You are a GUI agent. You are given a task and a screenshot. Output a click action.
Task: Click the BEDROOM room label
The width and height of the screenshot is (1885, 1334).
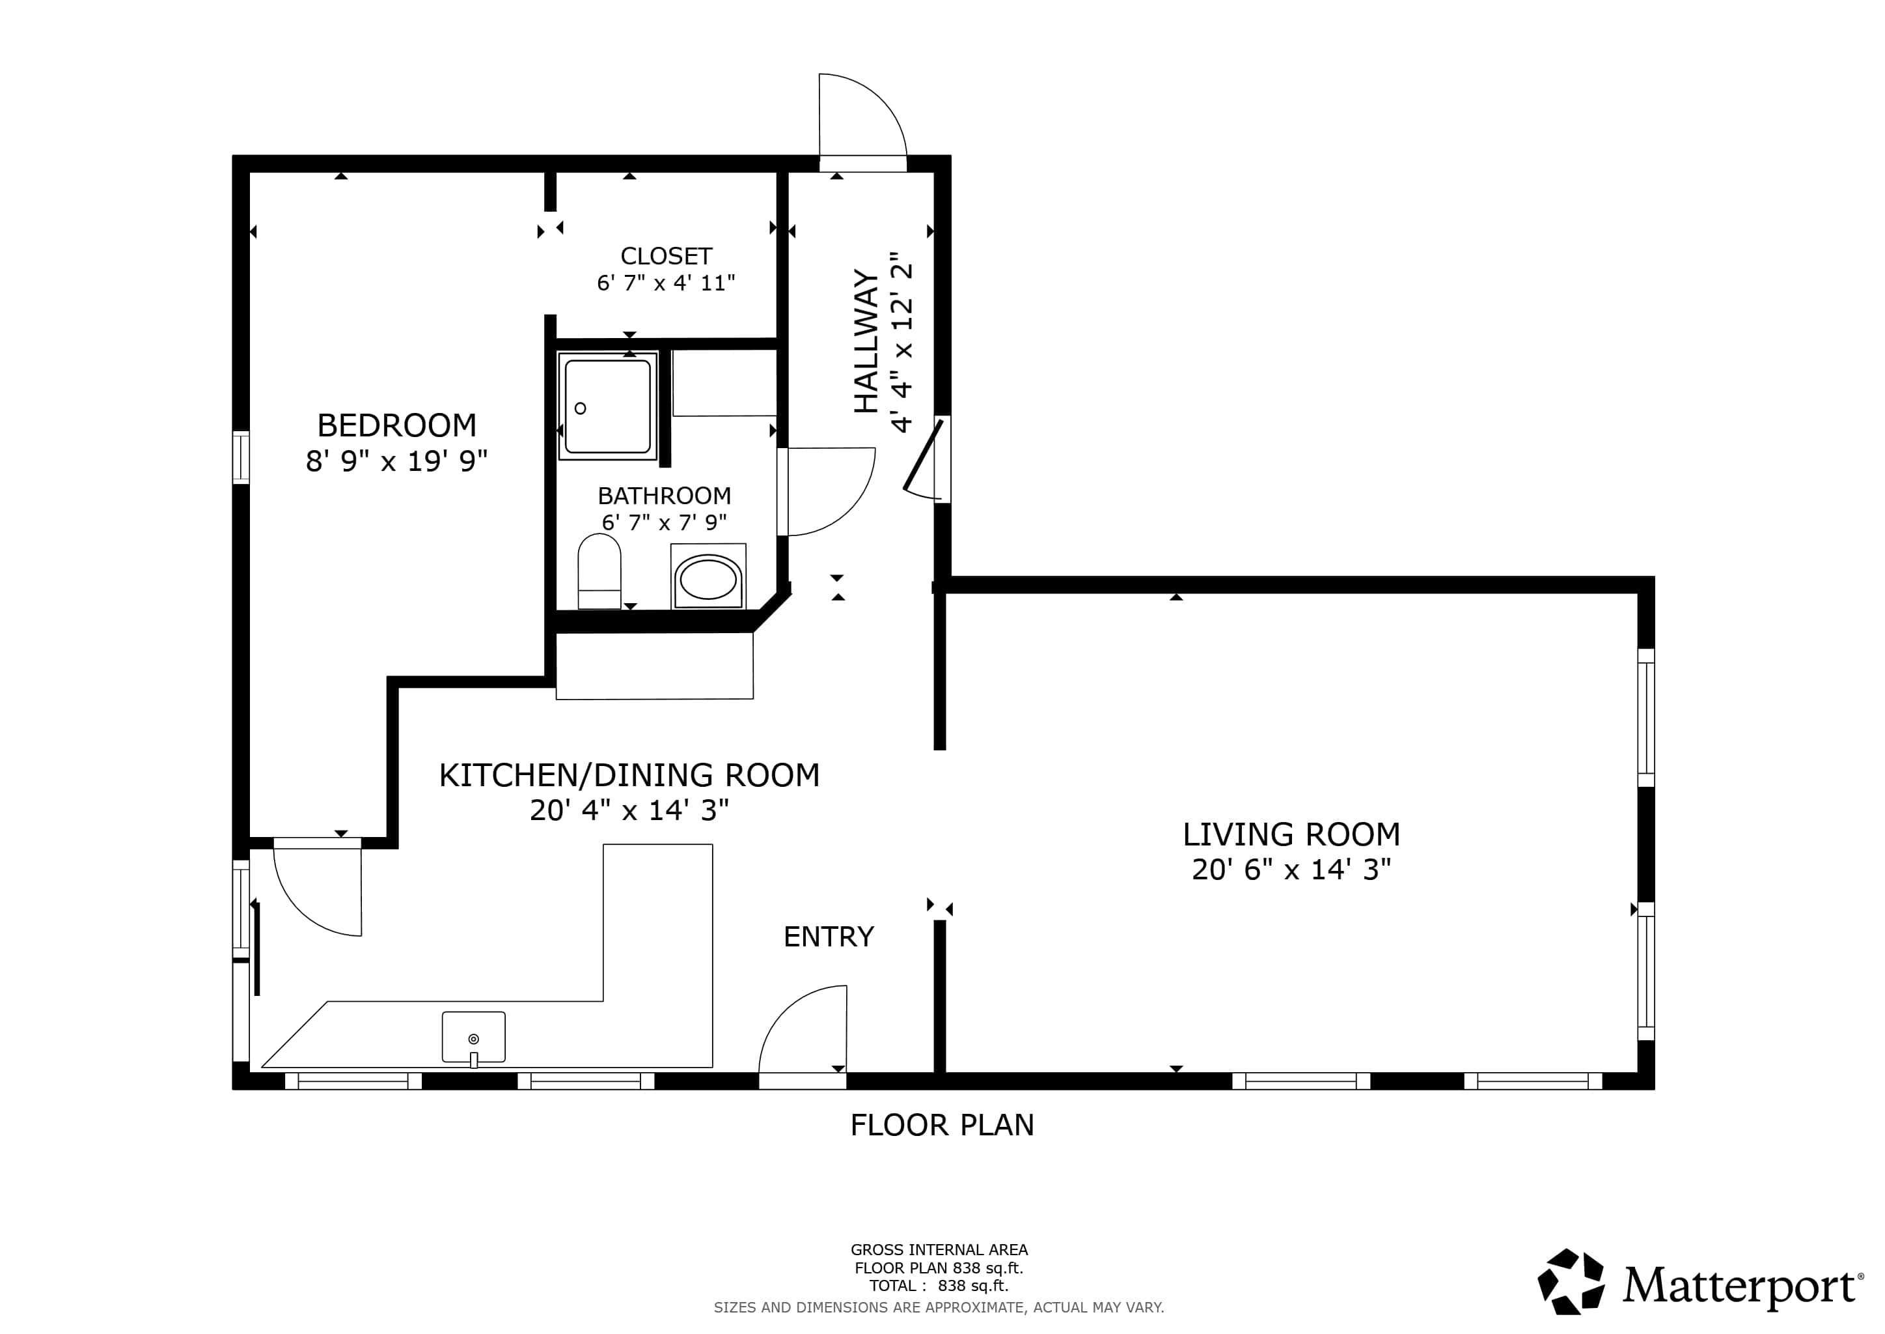coord(396,425)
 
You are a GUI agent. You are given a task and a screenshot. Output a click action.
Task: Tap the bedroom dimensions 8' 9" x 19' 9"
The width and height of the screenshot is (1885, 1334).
coord(396,462)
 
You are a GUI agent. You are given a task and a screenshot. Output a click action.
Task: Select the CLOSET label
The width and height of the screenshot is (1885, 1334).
coord(666,256)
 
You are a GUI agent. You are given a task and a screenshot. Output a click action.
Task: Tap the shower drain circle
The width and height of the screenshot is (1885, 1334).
coord(581,408)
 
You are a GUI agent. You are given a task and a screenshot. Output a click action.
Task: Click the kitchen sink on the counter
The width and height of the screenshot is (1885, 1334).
coord(474,1036)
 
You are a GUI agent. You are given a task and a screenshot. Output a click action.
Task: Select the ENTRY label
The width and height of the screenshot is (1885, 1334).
coord(829,937)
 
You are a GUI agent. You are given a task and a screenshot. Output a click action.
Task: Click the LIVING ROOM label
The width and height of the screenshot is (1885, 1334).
coord(1291,834)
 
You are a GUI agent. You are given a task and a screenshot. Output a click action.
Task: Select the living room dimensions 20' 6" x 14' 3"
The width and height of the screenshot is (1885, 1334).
coord(1291,870)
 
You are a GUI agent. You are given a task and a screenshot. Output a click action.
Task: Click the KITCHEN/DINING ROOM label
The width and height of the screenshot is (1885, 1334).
coord(629,775)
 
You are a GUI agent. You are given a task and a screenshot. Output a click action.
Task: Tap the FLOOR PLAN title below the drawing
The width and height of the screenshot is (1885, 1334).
coord(942,1124)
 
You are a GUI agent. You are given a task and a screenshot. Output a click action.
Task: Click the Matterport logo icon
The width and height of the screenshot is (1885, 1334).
coord(1571,1283)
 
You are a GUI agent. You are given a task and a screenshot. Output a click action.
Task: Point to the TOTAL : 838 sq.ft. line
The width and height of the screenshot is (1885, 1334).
coord(939,1286)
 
